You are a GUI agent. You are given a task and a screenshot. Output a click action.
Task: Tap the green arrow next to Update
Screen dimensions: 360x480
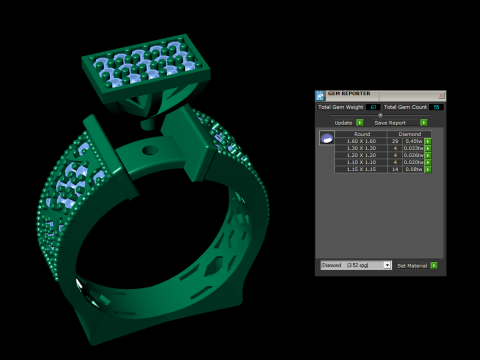(x=359, y=122)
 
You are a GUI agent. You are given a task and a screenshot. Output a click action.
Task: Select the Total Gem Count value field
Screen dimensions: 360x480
(x=436, y=107)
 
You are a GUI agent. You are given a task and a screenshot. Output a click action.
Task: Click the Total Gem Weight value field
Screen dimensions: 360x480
(x=372, y=107)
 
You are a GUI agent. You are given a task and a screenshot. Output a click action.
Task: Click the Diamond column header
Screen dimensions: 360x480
(x=409, y=133)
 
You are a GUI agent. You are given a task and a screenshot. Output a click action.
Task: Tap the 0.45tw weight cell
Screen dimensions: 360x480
(x=413, y=141)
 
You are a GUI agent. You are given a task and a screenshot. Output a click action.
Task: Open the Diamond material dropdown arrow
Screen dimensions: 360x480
(x=387, y=265)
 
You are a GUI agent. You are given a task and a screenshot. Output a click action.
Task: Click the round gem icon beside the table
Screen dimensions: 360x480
(x=326, y=138)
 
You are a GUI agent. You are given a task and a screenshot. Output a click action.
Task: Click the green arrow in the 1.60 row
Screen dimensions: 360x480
(x=428, y=141)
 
